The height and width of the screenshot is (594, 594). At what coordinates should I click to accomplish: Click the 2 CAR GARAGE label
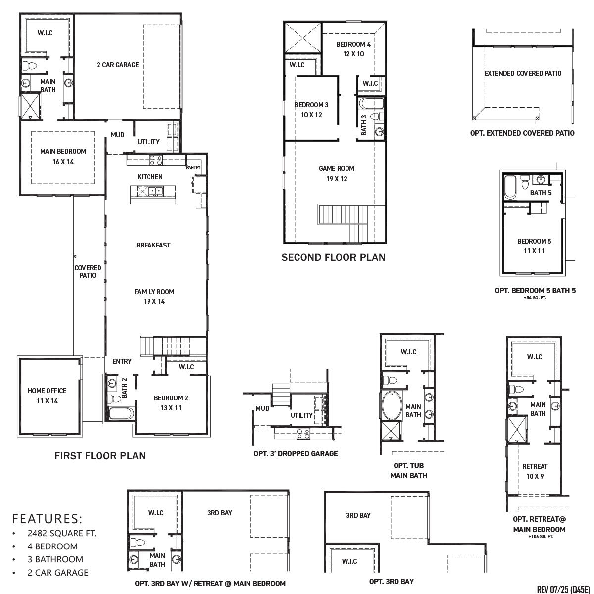[117, 65]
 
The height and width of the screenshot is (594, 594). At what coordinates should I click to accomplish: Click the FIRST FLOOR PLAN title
[100, 456]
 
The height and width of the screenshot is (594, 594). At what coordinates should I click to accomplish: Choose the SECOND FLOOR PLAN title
[333, 257]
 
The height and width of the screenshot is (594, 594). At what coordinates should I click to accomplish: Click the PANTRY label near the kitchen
[193, 167]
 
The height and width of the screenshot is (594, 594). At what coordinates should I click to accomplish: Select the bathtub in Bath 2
[121, 414]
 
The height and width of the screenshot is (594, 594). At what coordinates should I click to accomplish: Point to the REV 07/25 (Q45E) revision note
[563, 589]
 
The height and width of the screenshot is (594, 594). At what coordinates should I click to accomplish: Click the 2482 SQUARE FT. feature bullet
[62, 533]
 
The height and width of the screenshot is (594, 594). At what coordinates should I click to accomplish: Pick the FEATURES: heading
[47, 518]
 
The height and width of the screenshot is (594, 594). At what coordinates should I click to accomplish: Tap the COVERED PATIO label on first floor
[88, 271]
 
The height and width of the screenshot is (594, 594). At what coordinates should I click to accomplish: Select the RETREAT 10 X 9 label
[535, 471]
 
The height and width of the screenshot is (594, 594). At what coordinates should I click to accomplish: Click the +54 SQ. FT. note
[535, 298]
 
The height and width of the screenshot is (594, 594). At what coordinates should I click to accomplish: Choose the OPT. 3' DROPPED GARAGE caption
[296, 453]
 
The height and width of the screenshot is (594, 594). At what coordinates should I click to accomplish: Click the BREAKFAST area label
[153, 245]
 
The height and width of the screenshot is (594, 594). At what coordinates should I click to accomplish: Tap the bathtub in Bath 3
[371, 103]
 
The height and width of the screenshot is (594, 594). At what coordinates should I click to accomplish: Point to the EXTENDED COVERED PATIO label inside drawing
[523, 73]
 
